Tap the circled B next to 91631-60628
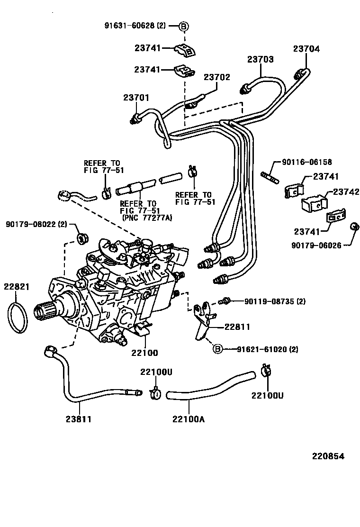(x=183, y=26)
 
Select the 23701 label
(x=136, y=98)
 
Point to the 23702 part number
(x=217, y=77)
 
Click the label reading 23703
(x=260, y=59)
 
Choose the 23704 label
(x=306, y=49)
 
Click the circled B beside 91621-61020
(x=216, y=349)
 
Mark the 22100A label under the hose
(x=189, y=419)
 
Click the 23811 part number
(x=78, y=419)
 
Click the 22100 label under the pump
(x=145, y=353)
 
